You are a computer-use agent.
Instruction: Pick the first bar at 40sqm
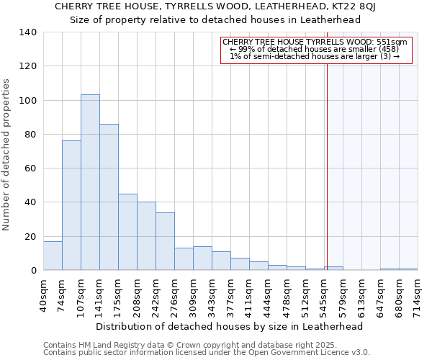(53, 256)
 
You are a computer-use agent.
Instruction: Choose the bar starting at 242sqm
(165, 241)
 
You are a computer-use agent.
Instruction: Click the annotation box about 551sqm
(315, 50)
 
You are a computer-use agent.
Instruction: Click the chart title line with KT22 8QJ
(215, 6)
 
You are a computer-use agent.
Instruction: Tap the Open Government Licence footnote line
(207, 353)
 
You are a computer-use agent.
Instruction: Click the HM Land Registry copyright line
(194, 345)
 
